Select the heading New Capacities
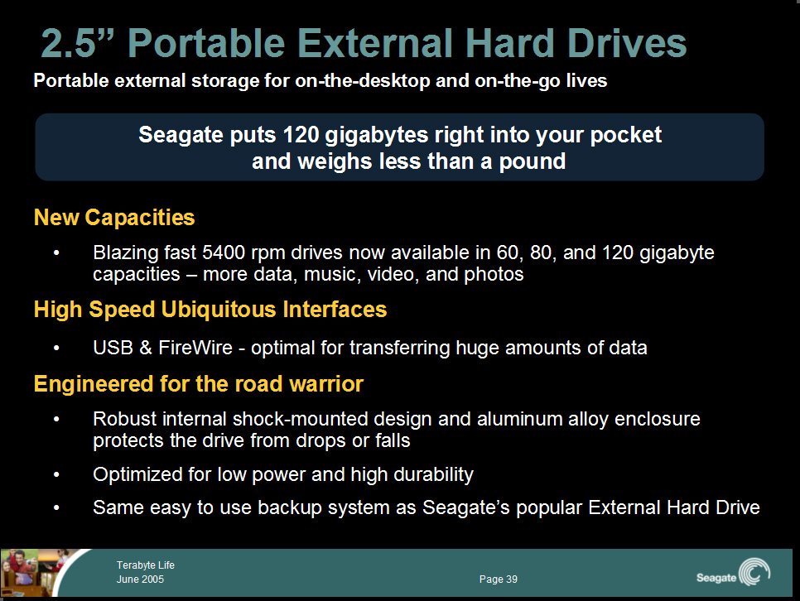pyautogui.click(x=114, y=218)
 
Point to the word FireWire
pyautogui.click(x=195, y=348)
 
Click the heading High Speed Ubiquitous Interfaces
pyautogui.click(x=210, y=310)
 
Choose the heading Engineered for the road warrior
pyautogui.click(x=199, y=383)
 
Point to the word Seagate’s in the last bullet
pyautogui.click(x=465, y=508)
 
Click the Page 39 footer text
pyautogui.click(x=499, y=579)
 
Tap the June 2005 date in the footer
pyautogui.click(x=140, y=579)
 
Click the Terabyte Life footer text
pyautogui.click(x=146, y=565)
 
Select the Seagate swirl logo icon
pyautogui.click(x=754, y=572)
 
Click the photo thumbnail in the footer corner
pyautogui.click(x=36, y=572)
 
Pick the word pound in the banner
pyautogui.click(x=533, y=161)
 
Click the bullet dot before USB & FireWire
pyautogui.click(x=56, y=348)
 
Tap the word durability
pyautogui.click(x=433, y=475)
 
